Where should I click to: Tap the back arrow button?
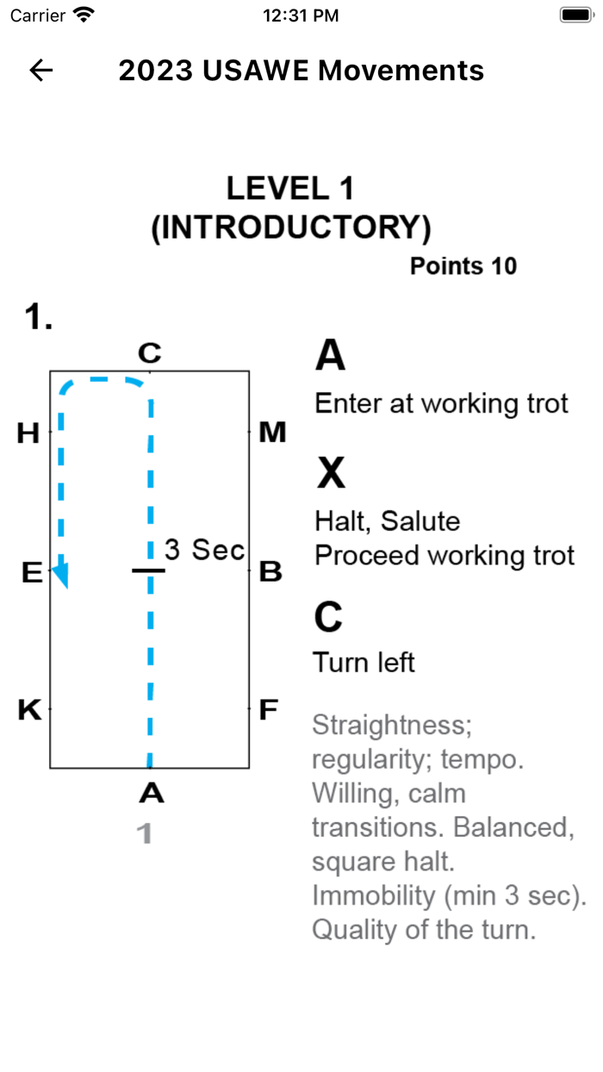click(x=41, y=71)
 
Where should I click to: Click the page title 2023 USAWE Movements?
click(x=301, y=71)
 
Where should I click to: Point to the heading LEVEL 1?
click(x=290, y=189)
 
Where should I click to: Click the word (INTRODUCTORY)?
click(x=291, y=227)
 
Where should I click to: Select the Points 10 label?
click(x=463, y=266)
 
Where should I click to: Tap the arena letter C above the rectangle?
click(x=149, y=352)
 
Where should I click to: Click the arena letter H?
click(x=28, y=433)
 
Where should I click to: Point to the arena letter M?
click(x=272, y=433)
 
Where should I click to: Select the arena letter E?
click(x=31, y=572)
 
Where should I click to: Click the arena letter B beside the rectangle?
click(x=270, y=571)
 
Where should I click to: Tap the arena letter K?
click(x=29, y=710)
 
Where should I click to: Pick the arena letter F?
click(x=269, y=710)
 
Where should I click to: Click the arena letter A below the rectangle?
click(x=151, y=793)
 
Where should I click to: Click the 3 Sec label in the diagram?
click(x=205, y=550)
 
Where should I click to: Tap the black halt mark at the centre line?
click(x=149, y=570)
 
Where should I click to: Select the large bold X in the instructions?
click(x=331, y=473)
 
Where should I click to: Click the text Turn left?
click(x=364, y=663)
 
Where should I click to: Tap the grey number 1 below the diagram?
click(x=145, y=833)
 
